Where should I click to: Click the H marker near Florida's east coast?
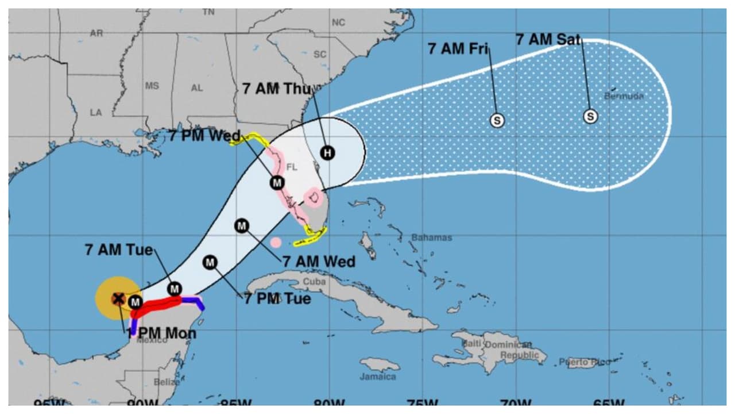(x=327, y=153)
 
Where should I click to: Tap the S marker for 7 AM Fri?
(x=497, y=120)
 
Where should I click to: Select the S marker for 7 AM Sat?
(x=590, y=116)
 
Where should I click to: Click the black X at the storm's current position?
(x=118, y=298)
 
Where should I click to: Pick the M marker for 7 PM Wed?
(x=277, y=183)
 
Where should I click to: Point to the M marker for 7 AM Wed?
(x=242, y=225)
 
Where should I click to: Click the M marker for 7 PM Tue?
(x=210, y=263)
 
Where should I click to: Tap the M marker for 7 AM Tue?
(x=174, y=289)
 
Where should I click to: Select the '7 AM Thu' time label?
(x=276, y=89)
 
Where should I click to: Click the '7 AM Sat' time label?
(x=548, y=40)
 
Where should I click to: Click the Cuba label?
(x=314, y=282)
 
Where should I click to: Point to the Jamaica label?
(x=377, y=377)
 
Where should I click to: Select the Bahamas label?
(x=431, y=237)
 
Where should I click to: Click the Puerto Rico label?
(x=585, y=362)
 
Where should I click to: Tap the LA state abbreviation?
(x=95, y=113)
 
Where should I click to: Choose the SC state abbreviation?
(x=320, y=55)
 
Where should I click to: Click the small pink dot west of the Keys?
(x=276, y=243)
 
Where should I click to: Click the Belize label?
(x=167, y=382)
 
